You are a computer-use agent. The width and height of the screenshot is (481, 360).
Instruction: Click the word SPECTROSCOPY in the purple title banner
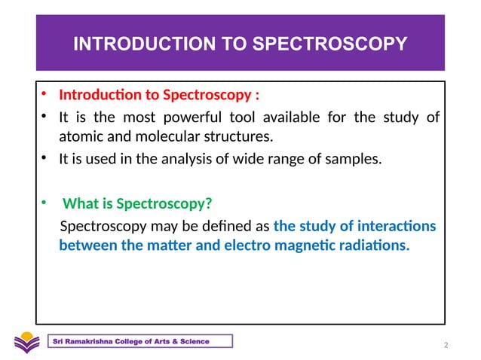[342, 45]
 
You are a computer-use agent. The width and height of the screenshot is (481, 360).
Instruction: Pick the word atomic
[80, 137]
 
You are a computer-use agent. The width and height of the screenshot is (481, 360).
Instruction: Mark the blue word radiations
[371, 246]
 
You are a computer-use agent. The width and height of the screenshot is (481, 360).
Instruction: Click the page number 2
[447, 346]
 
